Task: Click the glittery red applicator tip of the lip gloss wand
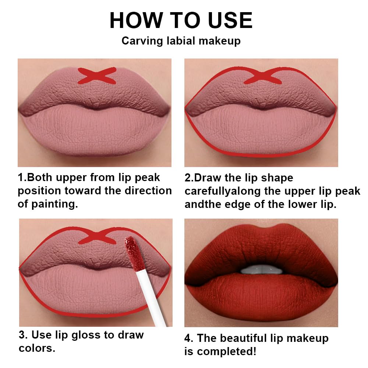(x=131, y=252)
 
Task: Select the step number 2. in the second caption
(x=189, y=178)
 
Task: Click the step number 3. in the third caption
(x=23, y=335)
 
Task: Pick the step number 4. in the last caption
(x=189, y=338)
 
